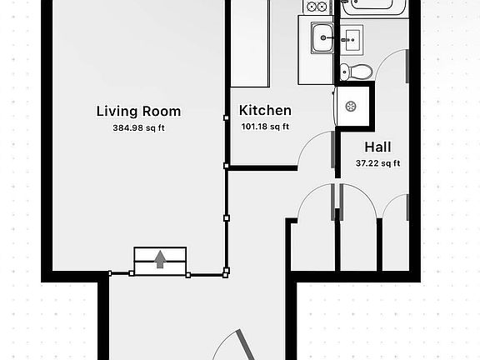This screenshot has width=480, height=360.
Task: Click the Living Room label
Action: (x=138, y=111)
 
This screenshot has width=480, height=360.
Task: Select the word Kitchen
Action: (x=265, y=110)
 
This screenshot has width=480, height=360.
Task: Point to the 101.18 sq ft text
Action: (x=265, y=127)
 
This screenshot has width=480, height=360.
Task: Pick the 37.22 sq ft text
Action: (x=377, y=162)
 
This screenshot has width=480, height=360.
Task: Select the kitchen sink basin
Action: (x=322, y=37)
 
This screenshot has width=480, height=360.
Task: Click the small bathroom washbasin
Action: (x=352, y=37)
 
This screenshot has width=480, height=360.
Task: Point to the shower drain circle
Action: (x=352, y=106)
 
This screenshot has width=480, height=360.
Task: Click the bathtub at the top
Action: (x=373, y=7)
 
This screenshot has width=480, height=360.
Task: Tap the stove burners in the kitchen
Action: (x=316, y=7)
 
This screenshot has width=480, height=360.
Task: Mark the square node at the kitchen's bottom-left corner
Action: (x=227, y=167)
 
